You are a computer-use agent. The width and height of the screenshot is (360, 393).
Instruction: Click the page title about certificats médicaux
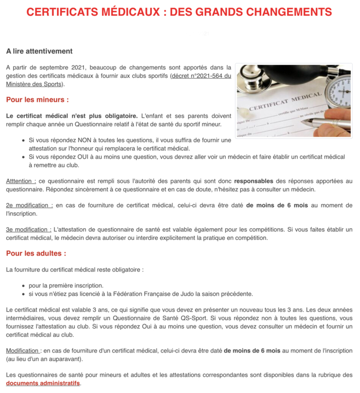click(179, 12)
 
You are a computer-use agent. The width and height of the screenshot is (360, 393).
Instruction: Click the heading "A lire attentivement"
click(39, 51)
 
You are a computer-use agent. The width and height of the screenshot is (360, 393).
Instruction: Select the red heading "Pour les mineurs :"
click(37, 99)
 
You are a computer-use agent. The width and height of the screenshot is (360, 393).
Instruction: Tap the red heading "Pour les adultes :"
click(36, 253)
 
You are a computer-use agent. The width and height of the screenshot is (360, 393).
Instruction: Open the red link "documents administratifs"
click(43, 383)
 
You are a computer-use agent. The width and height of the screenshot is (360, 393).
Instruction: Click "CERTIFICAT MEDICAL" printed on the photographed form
click(284, 103)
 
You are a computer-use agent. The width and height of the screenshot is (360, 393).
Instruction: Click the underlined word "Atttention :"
click(21, 181)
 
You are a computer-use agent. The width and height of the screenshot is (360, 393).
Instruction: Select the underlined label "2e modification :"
click(29, 205)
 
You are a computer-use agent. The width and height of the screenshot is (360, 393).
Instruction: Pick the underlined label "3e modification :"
click(29, 229)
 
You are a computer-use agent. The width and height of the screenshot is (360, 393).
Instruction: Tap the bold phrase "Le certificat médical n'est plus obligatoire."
click(72, 116)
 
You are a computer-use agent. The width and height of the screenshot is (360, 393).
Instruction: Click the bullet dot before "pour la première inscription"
click(24, 286)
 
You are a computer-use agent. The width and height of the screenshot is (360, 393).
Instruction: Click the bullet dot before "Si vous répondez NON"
click(24, 140)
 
